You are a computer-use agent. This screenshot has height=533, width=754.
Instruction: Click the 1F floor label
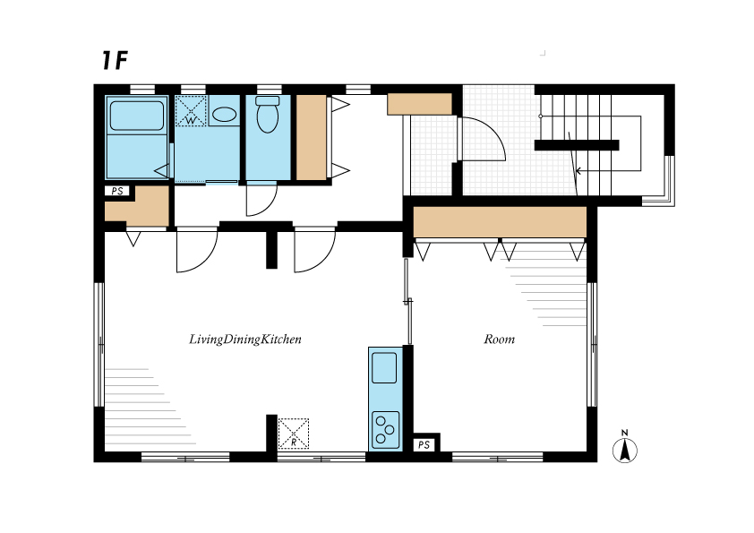pyautogui.click(x=115, y=61)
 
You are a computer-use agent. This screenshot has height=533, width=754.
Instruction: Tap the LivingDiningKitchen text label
pyautogui.click(x=245, y=340)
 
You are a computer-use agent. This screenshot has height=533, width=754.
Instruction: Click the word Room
pyautogui.click(x=499, y=340)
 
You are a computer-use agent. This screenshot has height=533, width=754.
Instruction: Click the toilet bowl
pyautogui.click(x=268, y=115)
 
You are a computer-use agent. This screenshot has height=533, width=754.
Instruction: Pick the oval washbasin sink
pyautogui.click(x=224, y=115)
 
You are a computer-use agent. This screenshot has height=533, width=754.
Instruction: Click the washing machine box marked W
pyautogui.click(x=191, y=111)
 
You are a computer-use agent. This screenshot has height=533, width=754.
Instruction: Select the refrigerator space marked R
pyautogui.click(x=294, y=434)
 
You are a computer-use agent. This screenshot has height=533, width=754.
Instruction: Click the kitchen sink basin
pyautogui.click(x=384, y=368)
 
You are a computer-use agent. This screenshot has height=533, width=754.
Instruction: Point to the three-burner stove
pyautogui.click(x=385, y=430)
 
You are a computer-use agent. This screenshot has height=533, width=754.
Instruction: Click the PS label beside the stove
pyautogui.click(x=424, y=445)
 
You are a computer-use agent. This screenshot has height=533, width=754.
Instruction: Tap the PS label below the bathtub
pyautogui.click(x=117, y=191)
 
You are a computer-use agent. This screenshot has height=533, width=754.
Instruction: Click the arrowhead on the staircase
pyautogui.click(x=578, y=170)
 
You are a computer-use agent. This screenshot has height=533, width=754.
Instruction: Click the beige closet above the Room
pyautogui.click(x=500, y=222)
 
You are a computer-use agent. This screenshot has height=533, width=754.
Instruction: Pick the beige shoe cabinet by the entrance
pyautogui.click(x=419, y=104)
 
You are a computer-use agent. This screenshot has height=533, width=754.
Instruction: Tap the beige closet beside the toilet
pyautogui.click(x=311, y=138)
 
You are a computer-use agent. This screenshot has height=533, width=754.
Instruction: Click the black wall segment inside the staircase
pyautogui.click(x=577, y=145)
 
